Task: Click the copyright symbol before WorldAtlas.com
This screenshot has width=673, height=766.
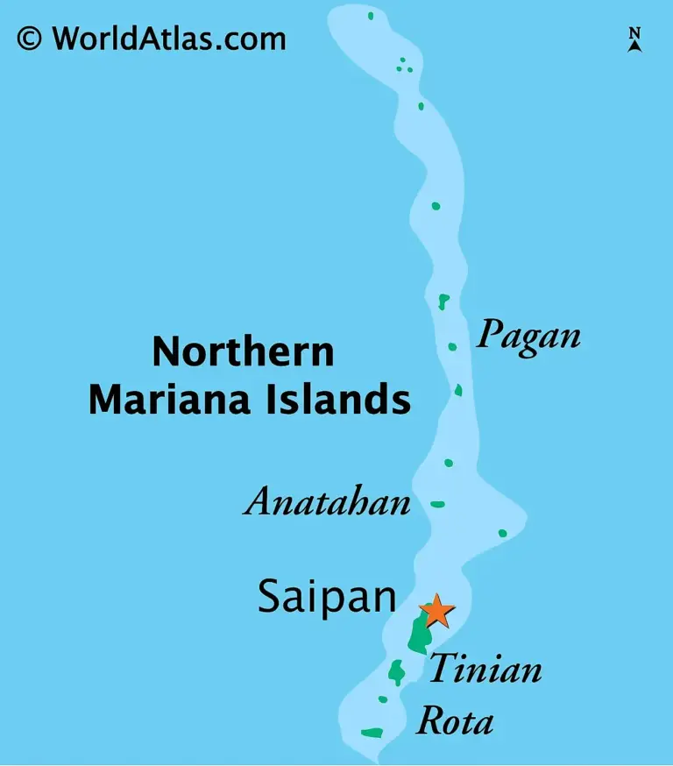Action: (29, 39)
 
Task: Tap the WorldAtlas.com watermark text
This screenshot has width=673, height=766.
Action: (168, 39)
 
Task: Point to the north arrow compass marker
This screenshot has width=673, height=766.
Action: (635, 45)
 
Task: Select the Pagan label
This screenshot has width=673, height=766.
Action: (528, 335)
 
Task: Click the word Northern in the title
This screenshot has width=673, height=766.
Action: (243, 352)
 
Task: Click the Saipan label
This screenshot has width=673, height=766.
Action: (327, 597)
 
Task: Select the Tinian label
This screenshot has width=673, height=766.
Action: (485, 670)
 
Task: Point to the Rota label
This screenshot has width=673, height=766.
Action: (454, 722)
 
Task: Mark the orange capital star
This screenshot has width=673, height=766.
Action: (436, 611)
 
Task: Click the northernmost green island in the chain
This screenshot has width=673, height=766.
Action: (371, 15)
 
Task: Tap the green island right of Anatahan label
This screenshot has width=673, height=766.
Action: (438, 504)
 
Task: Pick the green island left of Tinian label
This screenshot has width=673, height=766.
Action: (397, 672)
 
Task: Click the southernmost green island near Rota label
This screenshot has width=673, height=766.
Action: (372, 732)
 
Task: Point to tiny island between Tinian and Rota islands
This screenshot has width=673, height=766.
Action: (383, 699)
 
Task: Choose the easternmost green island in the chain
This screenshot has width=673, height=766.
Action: (503, 533)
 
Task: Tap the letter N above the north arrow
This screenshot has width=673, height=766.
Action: (635, 33)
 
